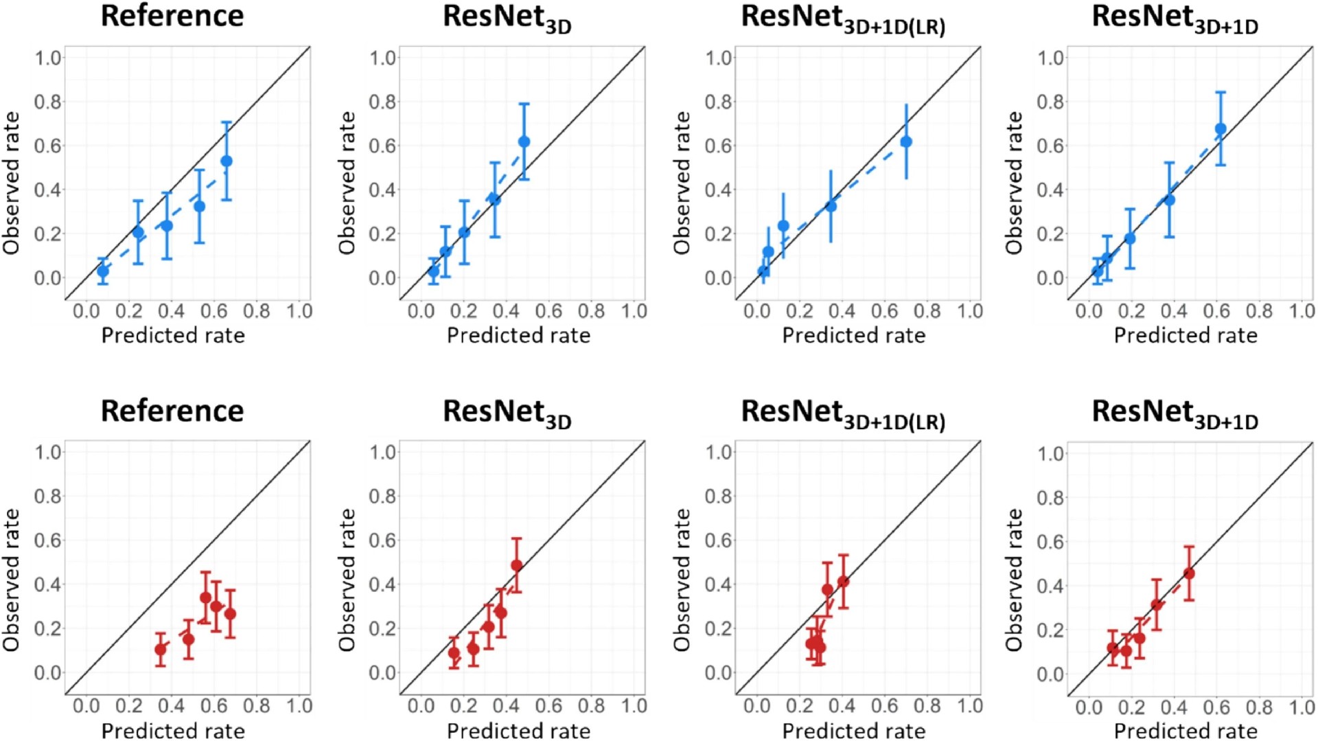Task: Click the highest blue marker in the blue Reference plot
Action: click(227, 161)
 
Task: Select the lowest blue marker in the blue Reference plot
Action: click(102, 271)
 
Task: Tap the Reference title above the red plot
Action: click(172, 411)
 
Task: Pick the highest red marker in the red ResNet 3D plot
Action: click(516, 566)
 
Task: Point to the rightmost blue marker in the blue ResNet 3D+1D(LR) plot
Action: click(906, 142)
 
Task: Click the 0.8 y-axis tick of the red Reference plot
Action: click(48, 496)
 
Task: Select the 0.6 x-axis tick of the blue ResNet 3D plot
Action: click(548, 311)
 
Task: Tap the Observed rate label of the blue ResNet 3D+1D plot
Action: click(1014, 183)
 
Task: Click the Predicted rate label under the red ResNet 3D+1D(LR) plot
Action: click(854, 731)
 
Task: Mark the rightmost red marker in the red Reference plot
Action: click(230, 614)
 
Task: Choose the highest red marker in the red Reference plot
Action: click(205, 597)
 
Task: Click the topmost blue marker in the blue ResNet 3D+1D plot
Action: click(1221, 129)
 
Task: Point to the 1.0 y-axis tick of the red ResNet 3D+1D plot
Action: click(1051, 453)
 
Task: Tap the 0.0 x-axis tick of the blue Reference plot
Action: click(86, 311)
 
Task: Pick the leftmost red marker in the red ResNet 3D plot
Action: click(454, 653)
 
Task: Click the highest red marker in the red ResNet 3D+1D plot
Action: click(1189, 573)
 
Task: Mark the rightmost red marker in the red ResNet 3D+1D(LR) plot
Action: click(843, 582)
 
